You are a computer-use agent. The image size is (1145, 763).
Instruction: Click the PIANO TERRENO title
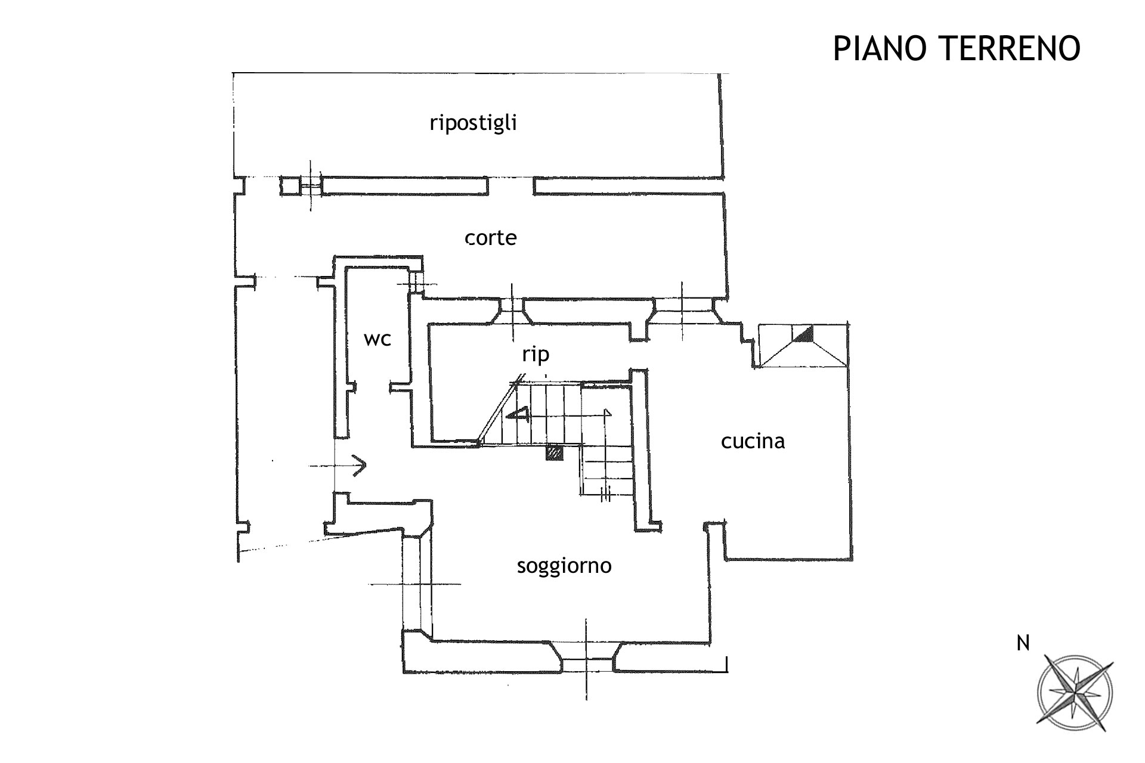(x=956, y=48)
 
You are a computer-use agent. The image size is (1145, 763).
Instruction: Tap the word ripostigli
(x=473, y=123)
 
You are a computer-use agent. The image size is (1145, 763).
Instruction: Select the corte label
(x=491, y=238)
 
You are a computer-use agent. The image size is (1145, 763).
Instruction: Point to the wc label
(x=377, y=339)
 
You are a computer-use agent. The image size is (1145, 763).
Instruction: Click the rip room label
(x=535, y=355)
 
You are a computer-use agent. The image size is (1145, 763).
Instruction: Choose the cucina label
(x=753, y=442)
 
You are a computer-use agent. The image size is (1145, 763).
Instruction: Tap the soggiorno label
(x=564, y=566)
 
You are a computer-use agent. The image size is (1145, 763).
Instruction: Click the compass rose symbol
(x=1075, y=693)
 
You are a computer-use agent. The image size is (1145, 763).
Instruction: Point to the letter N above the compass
(x=1023, y=644)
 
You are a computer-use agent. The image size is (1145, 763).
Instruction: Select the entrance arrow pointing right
(x=358, y=465)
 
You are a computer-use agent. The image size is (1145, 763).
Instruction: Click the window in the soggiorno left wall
(x=417, y=584)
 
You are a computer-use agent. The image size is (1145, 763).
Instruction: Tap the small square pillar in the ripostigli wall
(x=290, y=187)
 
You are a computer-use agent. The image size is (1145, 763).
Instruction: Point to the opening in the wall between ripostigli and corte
(x=510, y=186)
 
